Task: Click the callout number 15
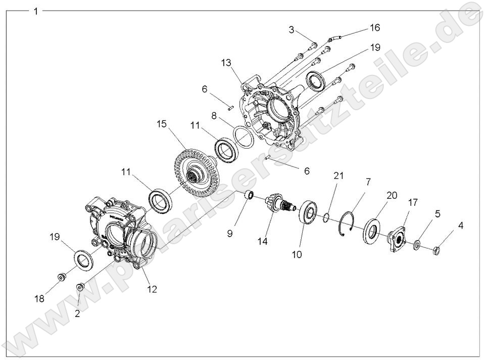coord(161,124)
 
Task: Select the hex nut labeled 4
coord(438,249)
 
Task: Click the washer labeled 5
coord(417,245)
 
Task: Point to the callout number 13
coord(226,62)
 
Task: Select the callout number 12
coord(152,289)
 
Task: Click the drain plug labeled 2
coord(80,288)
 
